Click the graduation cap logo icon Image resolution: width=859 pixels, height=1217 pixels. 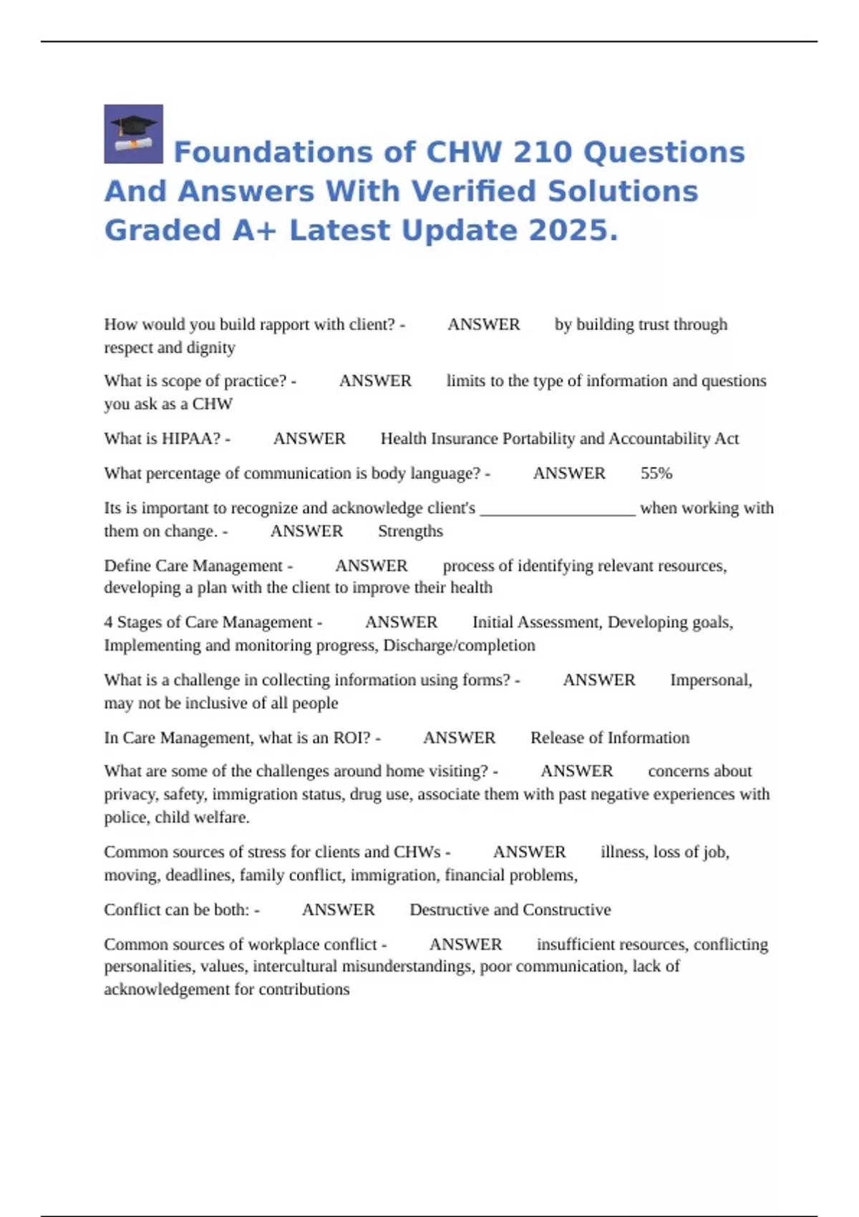coord(133,134)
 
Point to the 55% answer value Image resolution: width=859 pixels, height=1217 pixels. coord(656,473)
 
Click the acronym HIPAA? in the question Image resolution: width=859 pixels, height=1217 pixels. coord(192,438)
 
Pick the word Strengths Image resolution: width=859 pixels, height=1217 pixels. coord(410,531)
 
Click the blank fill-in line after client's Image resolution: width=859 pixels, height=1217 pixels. coord(558,509)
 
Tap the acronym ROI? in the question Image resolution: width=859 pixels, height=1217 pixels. coord(353,737)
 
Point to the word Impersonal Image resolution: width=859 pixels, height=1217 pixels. coord(710,679)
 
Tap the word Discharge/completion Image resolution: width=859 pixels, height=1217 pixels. coord(459,645)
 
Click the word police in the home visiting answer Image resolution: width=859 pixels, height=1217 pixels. coord(124,818)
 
